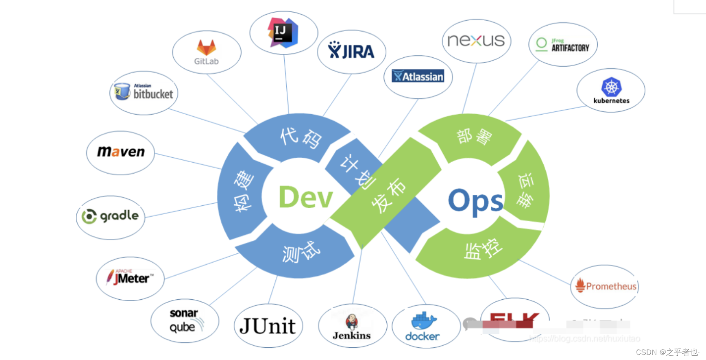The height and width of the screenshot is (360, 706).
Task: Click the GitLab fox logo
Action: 207,47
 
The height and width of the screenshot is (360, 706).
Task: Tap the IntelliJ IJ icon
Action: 283,32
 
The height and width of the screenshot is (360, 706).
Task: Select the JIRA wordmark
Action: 351,51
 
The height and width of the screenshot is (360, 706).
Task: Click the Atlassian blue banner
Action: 418,76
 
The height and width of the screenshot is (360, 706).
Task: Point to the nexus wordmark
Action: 476,40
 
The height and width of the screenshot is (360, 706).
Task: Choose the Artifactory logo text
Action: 570,48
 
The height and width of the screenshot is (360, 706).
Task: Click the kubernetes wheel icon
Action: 611,87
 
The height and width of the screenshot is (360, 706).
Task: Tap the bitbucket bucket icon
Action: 122,91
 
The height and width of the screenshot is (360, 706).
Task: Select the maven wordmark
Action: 121,151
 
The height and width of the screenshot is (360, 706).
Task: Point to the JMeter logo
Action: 130,277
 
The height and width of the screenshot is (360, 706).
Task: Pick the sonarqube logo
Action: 184,320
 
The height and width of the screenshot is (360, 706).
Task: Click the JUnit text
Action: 267,326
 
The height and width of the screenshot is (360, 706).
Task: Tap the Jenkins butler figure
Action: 352,322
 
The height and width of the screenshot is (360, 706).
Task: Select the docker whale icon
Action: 423,321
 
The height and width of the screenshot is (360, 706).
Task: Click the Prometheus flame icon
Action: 580,285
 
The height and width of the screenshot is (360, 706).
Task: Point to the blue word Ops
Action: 475,201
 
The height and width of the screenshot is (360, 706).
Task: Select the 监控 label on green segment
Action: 483,249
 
